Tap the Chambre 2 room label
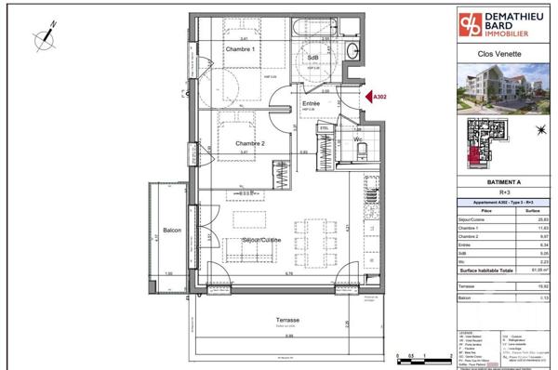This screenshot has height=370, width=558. [x=251, y=143]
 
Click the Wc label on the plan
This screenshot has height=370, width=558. [x=356, y=140]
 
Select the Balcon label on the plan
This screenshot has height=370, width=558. [x=171, y=231]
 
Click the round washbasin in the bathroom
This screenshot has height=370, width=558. [x=352, y=51]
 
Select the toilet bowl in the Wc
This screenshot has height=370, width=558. [x=365, y=154]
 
